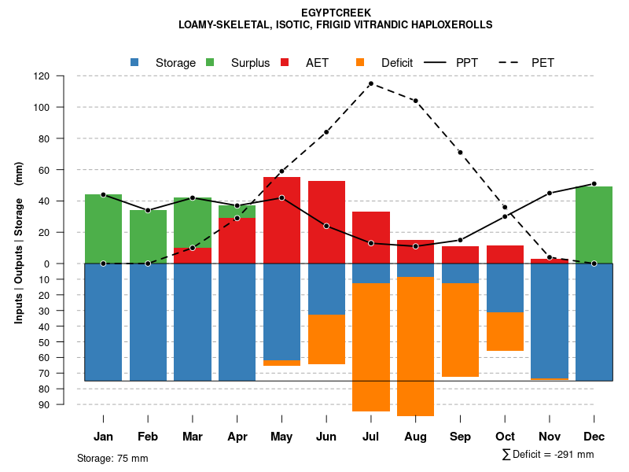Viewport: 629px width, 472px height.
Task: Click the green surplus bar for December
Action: (x=594, y=224)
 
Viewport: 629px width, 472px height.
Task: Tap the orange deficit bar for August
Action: (x=415, y=346)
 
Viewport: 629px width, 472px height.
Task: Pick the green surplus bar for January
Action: (x=103, y=228)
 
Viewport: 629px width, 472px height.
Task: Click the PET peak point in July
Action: (x=370, y=83)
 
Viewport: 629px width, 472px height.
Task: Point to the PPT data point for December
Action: (x=594, y=183)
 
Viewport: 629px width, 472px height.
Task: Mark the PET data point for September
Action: (x=460, y=152)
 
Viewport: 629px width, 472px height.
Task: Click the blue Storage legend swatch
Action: (x=135, y=62)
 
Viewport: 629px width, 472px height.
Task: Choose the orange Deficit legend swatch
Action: (x=361, y=62)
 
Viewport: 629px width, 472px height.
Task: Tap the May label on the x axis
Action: (x=281, y=437)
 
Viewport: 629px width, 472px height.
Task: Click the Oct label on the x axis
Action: (x=505, y=437)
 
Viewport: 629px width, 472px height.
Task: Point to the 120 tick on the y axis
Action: (x=64, y=76)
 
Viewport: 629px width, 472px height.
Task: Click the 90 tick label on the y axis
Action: (x=64, y=404)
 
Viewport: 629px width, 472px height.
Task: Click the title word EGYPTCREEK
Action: (x=336, y=13)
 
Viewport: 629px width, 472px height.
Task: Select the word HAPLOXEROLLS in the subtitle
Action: (x=449, y=24)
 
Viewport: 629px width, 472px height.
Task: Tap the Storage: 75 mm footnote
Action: (x=112, y=458)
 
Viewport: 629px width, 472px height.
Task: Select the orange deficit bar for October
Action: (x=505, y=331)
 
